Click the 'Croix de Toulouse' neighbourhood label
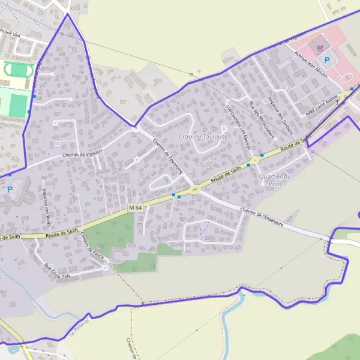pyautogui.click(x=203, y=137)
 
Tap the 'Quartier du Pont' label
pyautogui.click(x=275, y=179)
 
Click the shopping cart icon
pyautogui.click(x=320, y=47)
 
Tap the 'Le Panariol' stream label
pyautogui.click(x=75, y=329)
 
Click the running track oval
pyautogui.click(x=18, y=70)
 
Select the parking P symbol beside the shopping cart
pyautogui.click(x=327, y=59)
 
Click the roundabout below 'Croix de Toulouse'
pyautogui.click(x=195, y=190)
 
